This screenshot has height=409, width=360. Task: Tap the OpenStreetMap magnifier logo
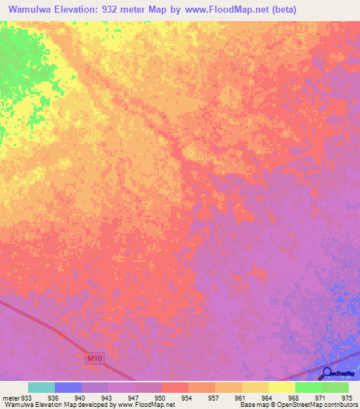[x=328, y=372]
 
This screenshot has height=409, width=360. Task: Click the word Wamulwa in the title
[x=34, y=10]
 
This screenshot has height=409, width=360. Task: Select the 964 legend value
[x=267, y=398]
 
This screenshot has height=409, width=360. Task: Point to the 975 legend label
[x=347, y=398]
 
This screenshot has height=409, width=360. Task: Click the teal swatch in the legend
[x=41, y=387]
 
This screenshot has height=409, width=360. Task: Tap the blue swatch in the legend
[x=68, y=387]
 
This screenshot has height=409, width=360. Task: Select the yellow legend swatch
[x=281, y=387]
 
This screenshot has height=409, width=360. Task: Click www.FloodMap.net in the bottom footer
[x=146, y=405]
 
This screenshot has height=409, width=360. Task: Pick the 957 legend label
[x=214, y=398]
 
